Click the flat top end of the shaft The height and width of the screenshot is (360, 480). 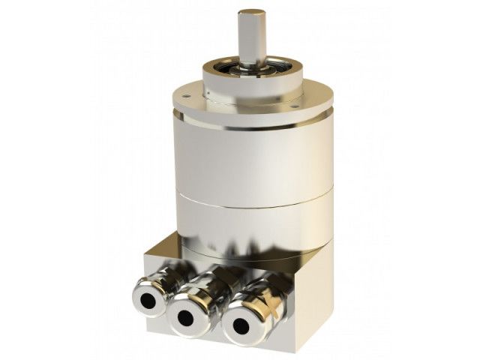252,13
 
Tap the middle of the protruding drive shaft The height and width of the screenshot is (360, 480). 252,37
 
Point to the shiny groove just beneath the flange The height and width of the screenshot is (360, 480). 252,124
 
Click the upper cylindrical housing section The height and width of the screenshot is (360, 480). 252,157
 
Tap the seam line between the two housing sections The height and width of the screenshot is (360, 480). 252,203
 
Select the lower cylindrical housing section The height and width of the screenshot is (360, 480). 252,225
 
